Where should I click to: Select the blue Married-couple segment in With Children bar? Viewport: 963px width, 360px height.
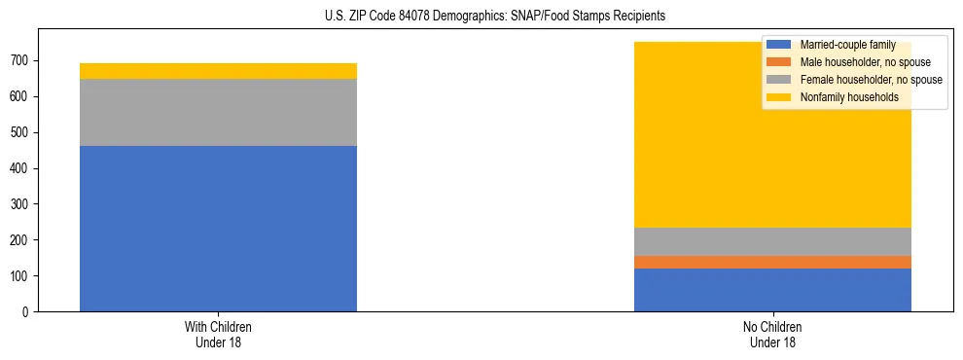coord(218,229)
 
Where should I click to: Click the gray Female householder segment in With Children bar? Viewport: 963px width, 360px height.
coord(218,112)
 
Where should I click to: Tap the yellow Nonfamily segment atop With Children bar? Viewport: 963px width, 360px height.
coord(218,71)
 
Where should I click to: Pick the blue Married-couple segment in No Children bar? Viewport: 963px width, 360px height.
coord(772,290)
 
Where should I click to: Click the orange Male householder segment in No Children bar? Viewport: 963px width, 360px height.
coord(772,262)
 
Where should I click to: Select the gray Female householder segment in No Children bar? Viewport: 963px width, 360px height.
coord(772,241)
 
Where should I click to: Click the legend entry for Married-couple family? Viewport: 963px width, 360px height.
coord(847,45)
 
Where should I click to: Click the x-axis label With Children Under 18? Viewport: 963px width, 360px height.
coord(218,334)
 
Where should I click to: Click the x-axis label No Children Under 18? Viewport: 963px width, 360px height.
coord(772,334)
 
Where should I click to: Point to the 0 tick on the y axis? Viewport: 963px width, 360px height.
coord(28,312)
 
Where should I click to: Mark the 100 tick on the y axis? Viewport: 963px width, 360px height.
coord(22,276)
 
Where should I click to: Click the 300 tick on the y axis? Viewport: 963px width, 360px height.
coord(22,204)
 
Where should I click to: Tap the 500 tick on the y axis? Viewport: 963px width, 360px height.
coord(22,132)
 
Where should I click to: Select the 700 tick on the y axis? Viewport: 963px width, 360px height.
coord(22,60)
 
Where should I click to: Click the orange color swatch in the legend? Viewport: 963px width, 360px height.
coord(779,62)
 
